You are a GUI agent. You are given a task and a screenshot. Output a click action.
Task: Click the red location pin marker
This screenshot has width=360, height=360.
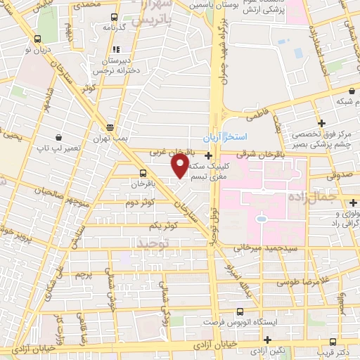coord(179,166)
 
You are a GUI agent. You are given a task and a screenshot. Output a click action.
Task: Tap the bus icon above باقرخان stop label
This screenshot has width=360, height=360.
coord(143,172)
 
